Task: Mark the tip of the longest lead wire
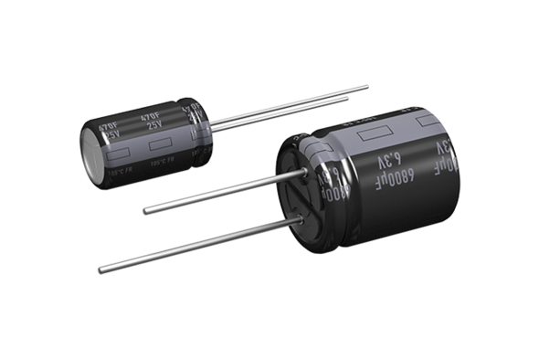point(100,270)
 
